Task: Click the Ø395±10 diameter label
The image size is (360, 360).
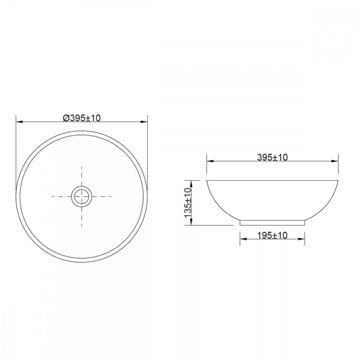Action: tap(82, 118)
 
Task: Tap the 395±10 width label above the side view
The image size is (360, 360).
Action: tap(272, 157)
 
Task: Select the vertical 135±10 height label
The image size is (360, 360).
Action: tap(188, 203)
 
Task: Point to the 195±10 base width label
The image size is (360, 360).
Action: tap(272, 235)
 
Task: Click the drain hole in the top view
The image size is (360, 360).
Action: tap(81, 197)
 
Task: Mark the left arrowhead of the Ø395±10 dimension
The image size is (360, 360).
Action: tap(19, 122)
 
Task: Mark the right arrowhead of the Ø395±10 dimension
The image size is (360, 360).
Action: tap(144, 122)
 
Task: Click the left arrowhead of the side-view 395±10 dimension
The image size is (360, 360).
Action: tap(210, 161)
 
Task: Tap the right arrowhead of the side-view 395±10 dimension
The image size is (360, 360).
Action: tap(335, 161)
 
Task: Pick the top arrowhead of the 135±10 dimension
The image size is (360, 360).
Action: tap(191, 184)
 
